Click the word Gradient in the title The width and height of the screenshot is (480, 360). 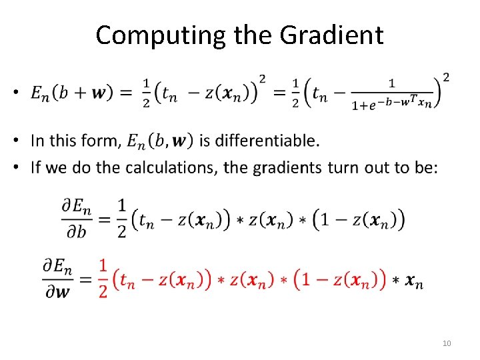coord(332,35)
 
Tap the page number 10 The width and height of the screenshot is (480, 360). coord(447,343)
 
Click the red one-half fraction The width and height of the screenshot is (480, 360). coord(103,279)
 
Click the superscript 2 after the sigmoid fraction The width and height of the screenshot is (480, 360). coord(445,77)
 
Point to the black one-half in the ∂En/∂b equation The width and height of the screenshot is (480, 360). coord(121,218)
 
